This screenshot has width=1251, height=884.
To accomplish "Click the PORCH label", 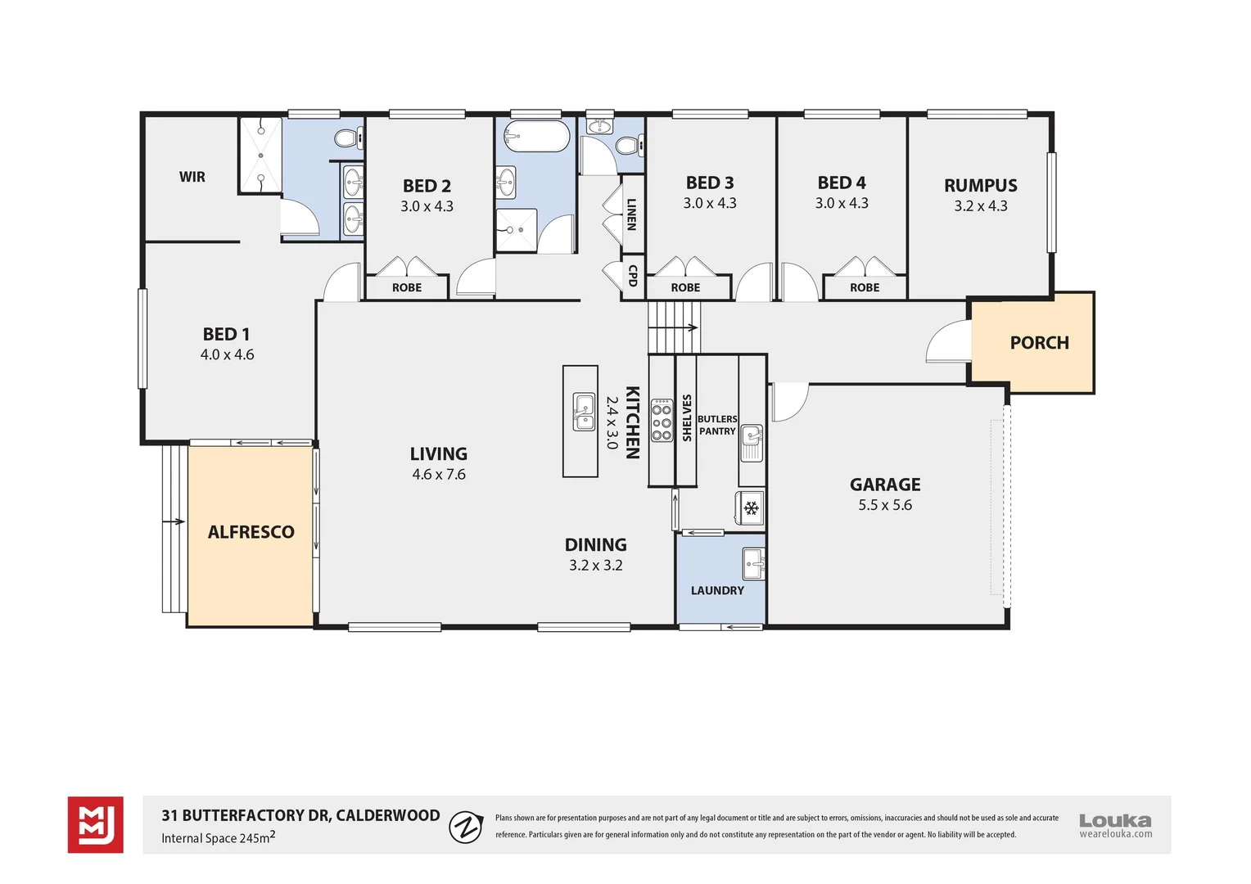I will [1039, 343].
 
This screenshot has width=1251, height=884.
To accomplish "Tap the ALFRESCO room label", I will [251, 532].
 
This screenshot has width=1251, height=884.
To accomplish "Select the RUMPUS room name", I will [980, 186].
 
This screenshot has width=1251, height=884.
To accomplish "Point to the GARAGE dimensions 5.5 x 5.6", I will [884, 505].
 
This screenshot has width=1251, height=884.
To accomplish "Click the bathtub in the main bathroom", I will [536, 137].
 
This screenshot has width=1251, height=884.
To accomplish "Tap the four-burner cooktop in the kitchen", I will [662, 421].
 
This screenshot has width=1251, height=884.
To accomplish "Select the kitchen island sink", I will [584, 411].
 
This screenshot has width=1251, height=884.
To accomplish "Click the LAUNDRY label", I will [717, 590].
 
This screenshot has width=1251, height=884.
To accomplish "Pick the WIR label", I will [192, 177].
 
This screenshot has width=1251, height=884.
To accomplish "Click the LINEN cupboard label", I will [631, 214].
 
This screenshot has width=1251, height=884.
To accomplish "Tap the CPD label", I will [632, 276].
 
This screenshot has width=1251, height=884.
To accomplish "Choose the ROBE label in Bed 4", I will [864, 287].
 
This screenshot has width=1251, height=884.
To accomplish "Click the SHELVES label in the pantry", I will [686, 417].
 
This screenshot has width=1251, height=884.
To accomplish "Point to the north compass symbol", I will [466, 827].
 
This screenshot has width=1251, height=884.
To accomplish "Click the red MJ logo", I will [96, 825].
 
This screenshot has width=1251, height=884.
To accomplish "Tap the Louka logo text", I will [1114, 820].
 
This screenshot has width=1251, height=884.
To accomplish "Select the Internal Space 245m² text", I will [218, 837].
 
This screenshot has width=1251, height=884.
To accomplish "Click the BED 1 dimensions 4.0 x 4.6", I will [227, 354].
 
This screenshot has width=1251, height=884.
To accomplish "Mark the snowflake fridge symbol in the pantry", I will [750, 508].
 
